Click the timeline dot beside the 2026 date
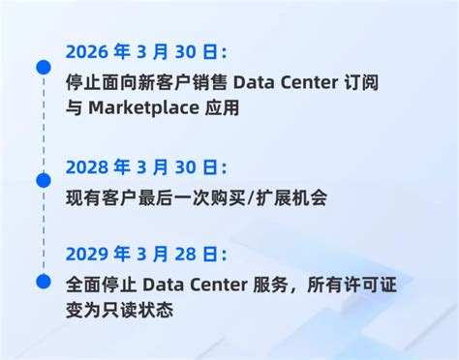(x=43, y=67)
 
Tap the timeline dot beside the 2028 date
(x=43, y=180)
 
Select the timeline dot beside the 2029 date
(x=43, y=281)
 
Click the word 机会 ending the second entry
(x=310, y=198)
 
